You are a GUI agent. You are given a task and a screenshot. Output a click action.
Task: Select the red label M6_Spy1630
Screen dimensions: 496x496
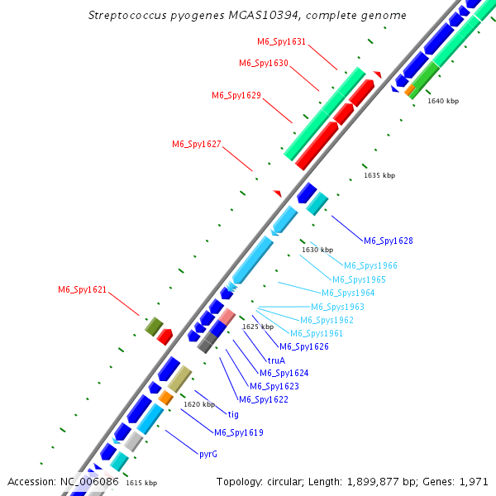pyautogui.click(x=263, y=63)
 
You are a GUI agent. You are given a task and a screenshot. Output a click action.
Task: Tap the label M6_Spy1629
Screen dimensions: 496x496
pyautogui.click(x=236, y=95)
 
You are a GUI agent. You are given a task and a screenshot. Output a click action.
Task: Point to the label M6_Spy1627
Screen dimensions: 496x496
pyautogui.click(x=196, y=144)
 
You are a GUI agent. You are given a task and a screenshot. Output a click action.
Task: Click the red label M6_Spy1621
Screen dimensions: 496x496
pyautogui.click(x=82, y=289)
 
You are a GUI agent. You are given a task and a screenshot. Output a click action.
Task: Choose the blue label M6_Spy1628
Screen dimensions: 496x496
pyautogui.click(x=388, y=241)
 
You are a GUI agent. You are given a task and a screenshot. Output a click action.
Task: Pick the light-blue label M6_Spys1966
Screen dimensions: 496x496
pyautogui.click(x=370, y=265)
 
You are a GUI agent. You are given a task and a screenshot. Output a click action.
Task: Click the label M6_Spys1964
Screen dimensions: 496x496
pyautogui.click(x=348, y=293)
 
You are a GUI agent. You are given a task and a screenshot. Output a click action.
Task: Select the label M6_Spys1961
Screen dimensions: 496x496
pyautogui.click(x=316, y=333)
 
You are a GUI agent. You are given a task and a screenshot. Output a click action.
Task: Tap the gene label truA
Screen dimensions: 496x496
pyautogui.click(x=276, y=360)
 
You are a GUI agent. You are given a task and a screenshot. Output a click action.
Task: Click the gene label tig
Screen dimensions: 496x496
pyautogui.click(x=233, y=414)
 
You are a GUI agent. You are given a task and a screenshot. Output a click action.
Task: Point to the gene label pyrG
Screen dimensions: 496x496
pyautogui.click(x=207, y=454)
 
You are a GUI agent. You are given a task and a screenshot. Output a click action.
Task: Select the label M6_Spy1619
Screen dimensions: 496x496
pyautogui.click(x=238, y=432)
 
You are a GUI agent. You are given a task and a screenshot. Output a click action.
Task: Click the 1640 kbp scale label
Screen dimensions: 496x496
pyautogui.click(x=443, y=101)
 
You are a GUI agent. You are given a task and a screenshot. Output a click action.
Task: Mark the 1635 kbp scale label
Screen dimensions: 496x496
pyautogui.click(x=379, y=175)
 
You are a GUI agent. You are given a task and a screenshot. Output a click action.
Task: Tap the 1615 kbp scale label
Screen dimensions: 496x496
pyautogui.click(x=141, y=483)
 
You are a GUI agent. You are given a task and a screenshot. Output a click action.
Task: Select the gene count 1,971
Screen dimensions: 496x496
pyautogui.click(x=474, y=481)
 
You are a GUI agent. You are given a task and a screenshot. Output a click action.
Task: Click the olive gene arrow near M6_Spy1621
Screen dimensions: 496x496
pyautogui.click(x=154, y=327)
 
